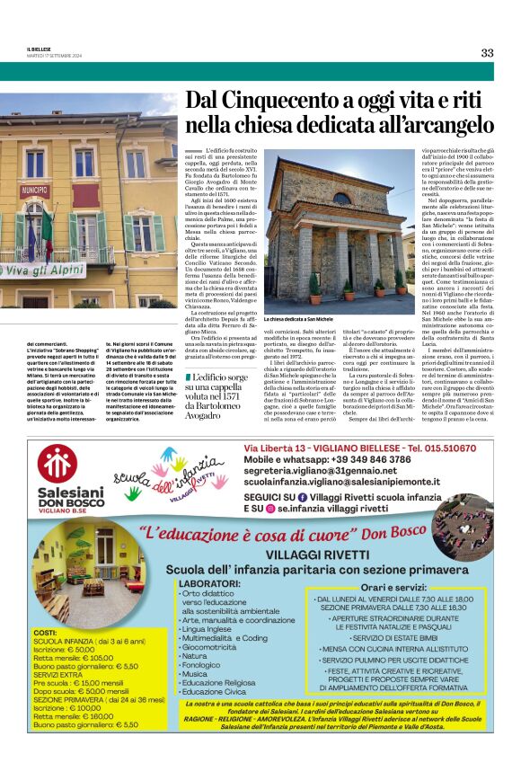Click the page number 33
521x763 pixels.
point(486,52)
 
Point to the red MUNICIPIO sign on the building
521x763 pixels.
point(34,191)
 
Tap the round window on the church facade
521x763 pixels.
point(341,199)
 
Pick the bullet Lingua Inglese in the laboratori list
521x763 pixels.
point(210,629)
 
